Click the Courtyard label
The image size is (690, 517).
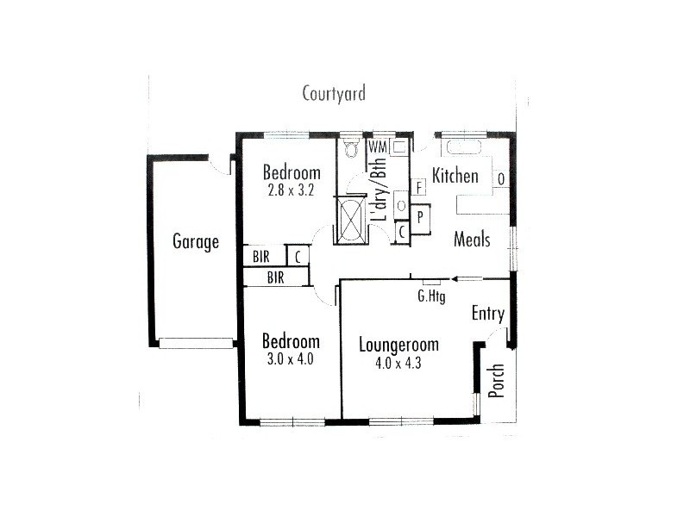334,93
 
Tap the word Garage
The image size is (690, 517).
196,241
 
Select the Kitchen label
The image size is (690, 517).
455,176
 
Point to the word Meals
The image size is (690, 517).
472,240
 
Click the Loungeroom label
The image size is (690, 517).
398,345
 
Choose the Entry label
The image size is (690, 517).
487,314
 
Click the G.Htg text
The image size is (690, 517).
431,296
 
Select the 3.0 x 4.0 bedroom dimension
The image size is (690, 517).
291,358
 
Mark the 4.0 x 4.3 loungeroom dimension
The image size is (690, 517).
398,363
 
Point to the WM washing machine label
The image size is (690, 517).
377,146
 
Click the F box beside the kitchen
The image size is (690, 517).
419,187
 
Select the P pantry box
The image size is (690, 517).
420,216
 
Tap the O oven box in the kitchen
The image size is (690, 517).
501,178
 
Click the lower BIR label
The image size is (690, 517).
276,277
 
